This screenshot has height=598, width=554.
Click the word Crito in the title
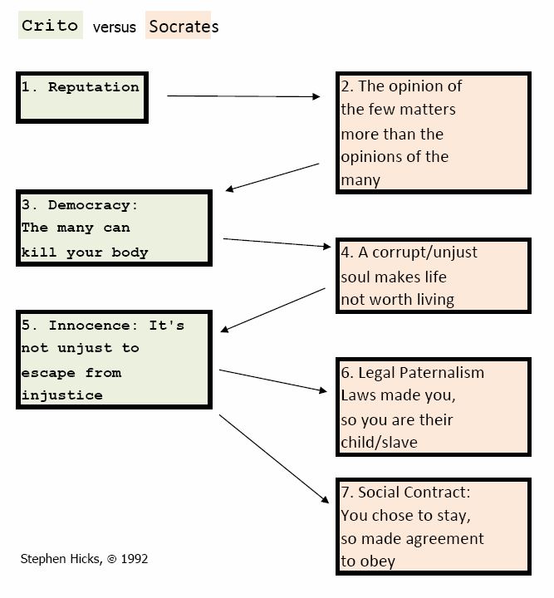pyautogui.click(x=50, y=26)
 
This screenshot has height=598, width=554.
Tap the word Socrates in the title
pyautogui.click(x=184, y=27)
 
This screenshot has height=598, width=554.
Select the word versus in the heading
pyautogui.click(x=115, y=27)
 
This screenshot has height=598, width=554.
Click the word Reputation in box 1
pyautogui.click(x=93, y=87)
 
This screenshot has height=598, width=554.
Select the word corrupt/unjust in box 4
pyautogui.click(x=424, y=252)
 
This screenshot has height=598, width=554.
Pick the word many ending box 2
pyautogui.click(x=360, y=180)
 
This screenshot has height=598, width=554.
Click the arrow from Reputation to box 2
pyautogui.click(x=243, y=96)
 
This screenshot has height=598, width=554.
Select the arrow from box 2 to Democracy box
pyautogui.click(x=272, y=178)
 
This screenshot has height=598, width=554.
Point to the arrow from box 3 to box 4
pyautogui.click(x=277, y=243)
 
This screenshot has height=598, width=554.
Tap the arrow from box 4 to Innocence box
pyautogui.click(x=273, y=310)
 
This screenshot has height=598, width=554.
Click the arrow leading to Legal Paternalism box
pyautogui.click(x=273, y=380)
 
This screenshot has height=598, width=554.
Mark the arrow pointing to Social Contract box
pyautogui.click(x=274, y=458)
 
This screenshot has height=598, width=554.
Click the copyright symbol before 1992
pyautogui.click(x=112, y=559)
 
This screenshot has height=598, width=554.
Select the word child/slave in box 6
pyautogui.click(x=379, y=443)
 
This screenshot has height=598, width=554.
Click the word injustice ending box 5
pyautogui.click(x=61, y=395)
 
